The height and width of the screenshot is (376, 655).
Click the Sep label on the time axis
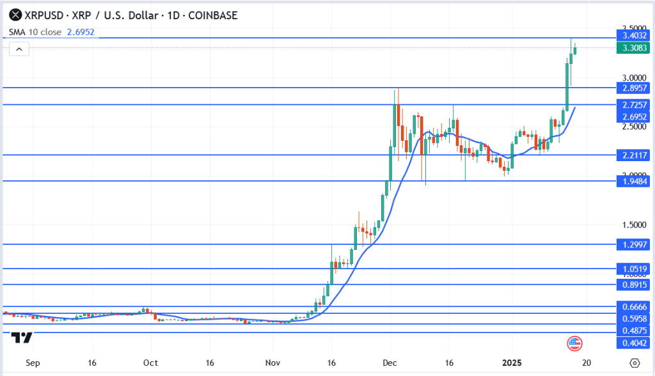pyautogui.click(x=33, y=363)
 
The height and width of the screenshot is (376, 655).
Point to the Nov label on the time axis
pyautogui.click(x=273, y=363)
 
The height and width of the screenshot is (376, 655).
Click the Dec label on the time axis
pyautogui.click(x=390, y=363)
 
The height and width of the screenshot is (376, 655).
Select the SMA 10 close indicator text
pyautogui.click(x=35, y=31)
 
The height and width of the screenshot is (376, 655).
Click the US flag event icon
pyautogui.click(x=574, y=343)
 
